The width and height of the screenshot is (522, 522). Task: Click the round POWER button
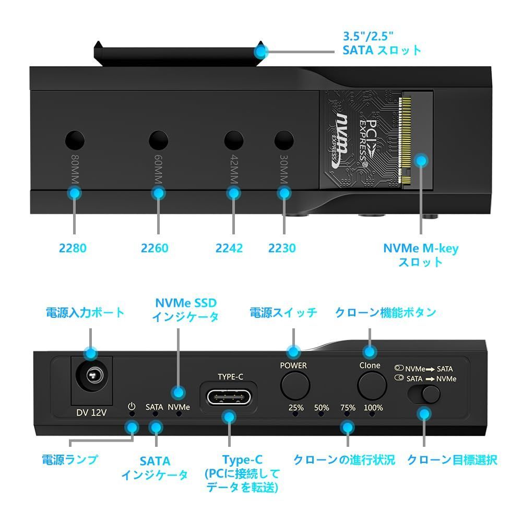[295, 386]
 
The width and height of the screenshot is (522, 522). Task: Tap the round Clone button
[371, 386]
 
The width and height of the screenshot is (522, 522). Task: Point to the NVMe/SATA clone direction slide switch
[424, 394]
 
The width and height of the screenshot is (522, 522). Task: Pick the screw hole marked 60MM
[159, 139]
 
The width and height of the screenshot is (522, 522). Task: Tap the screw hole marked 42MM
[234, 139]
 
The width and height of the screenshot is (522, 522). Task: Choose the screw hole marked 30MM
[284, 139]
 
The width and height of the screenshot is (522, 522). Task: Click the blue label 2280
[73, 248]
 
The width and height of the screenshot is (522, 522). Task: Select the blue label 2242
[229, 248]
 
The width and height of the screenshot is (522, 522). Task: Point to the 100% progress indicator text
[373, 408]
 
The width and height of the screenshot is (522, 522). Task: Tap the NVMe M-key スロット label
[421, 255]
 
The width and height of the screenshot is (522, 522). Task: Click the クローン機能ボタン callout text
[385, 313]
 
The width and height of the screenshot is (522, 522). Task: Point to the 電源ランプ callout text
[70, 460]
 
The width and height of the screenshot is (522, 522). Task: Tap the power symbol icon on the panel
[131, 406]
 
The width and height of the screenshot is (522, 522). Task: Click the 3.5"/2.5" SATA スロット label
[382, 44]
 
